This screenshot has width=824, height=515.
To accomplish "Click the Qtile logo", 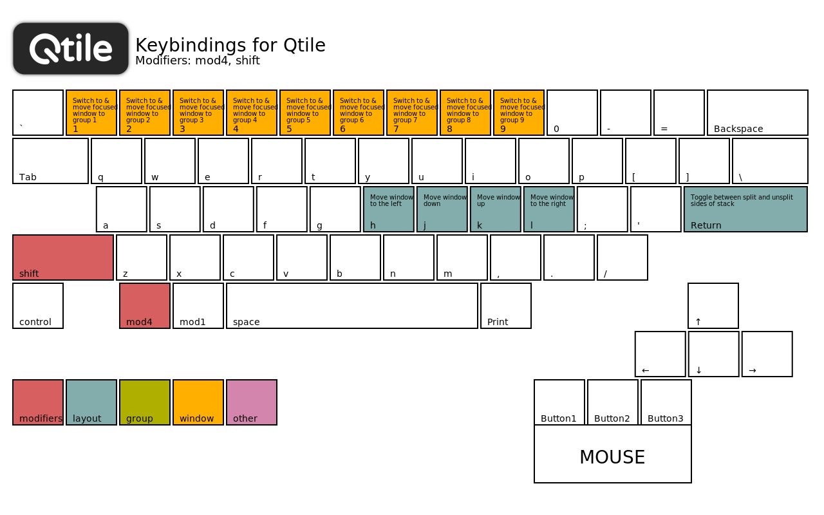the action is [x=71, y=48].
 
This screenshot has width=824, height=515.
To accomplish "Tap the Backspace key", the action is [x=758, y=113].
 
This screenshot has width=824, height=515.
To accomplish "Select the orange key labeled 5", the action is [x=305, y=113].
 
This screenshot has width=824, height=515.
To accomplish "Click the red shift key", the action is [x=63, y=257].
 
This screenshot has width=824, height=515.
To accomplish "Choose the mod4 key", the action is [x=145, y=306].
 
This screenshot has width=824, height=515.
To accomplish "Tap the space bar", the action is [x=352, y=306].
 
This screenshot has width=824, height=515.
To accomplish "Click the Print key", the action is [x=506, y=306].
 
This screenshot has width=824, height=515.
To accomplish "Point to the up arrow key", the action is [x=713, y=306].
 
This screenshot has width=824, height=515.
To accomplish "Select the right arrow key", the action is [x=767, y=354].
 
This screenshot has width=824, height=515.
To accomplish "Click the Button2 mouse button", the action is [x=612, y=402].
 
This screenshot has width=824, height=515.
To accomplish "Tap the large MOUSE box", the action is [x=613, y=454].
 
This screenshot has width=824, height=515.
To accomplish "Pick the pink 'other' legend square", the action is [x=252, y=402].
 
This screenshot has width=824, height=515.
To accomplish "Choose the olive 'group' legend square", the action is [x=145, y=402].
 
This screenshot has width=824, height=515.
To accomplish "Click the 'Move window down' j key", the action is [x=442, y=209].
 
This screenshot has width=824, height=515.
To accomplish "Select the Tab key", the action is [x=50, y=161].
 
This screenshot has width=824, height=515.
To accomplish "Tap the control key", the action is [x=38, y=306].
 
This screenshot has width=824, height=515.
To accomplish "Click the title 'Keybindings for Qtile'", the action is [x=230, y=45].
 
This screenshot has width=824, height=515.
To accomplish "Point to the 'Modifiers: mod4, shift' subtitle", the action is [x=198, y=61].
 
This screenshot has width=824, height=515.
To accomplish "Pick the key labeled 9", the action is [x=519, y=113].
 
